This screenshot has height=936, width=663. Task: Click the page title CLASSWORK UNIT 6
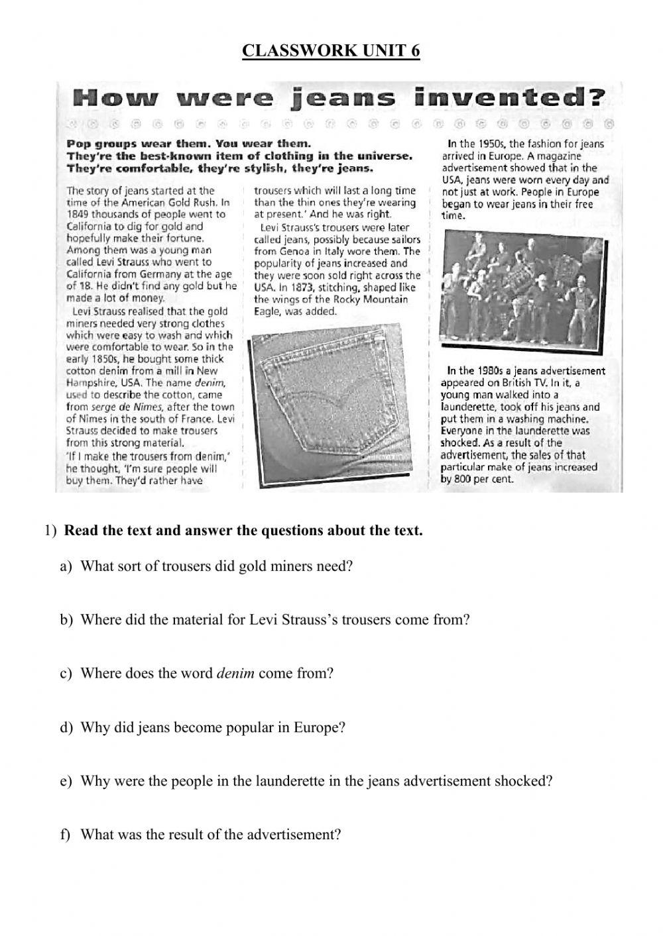(x=331, y=51)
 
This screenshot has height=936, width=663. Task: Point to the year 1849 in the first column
(x=79, y=215)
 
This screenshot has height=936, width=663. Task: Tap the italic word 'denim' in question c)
(x=235, y=674)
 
